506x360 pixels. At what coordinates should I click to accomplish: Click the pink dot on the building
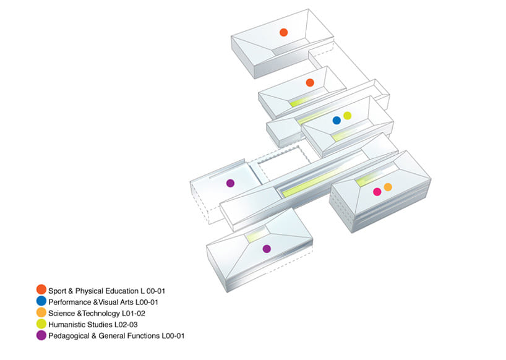377,192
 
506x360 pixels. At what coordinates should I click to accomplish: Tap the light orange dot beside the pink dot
388,187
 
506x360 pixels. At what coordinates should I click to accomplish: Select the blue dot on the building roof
337,121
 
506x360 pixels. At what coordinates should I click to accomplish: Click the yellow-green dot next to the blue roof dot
347,116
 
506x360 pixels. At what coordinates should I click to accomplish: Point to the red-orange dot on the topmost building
284,32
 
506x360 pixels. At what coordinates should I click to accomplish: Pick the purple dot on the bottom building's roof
267,249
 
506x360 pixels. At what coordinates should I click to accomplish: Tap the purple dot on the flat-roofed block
230,183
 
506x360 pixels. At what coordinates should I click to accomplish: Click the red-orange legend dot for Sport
41,289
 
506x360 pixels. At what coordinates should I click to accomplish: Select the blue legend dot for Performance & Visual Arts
41,301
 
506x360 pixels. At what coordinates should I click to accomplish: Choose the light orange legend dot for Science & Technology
41,312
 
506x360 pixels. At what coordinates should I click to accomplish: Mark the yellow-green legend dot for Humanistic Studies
41,324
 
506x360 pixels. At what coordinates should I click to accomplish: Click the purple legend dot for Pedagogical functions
41,335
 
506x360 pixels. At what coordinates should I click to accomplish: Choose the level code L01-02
133,314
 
